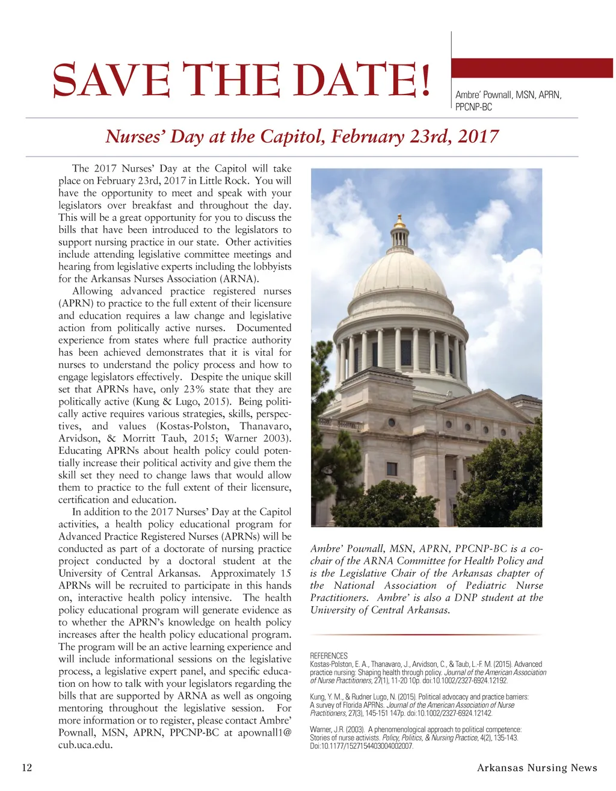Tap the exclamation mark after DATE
tap(425, 81)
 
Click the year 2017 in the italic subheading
tap(478, 137)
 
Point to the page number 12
tap(26, 768)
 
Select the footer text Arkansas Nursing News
tap(537, 768)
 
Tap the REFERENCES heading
tap(328, 656)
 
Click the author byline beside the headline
tap(508, 101)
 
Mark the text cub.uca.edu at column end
tap(85, 745)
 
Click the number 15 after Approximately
tap(285, 573)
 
